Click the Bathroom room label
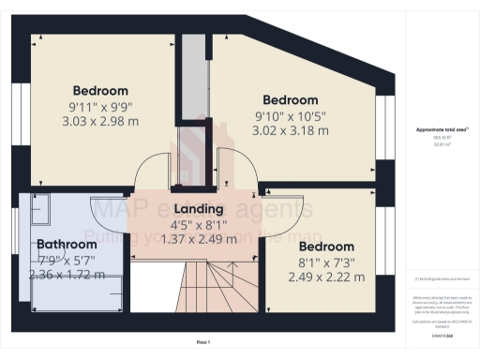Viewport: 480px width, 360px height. coord(67,244)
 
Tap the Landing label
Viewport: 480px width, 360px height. coord(198,208)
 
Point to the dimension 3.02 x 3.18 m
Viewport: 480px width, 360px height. coord(291,130)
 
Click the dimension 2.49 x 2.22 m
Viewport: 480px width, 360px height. coord(326,277)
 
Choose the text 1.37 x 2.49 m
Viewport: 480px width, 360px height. coord(198,239)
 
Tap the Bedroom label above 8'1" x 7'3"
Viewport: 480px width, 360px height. coord(326,247)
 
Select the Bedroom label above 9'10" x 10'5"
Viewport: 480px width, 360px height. coord(291,99)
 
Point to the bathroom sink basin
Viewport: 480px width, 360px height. coord(37,212)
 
